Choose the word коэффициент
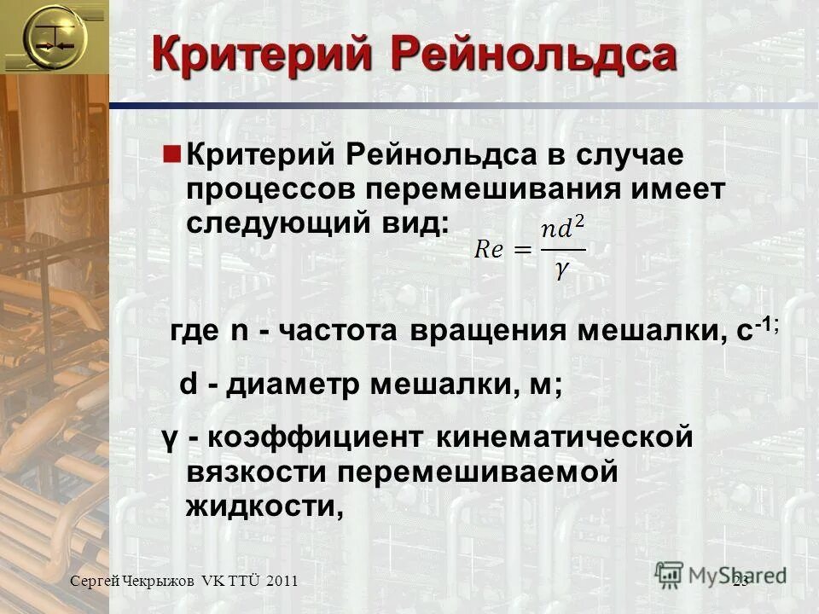(315, 439)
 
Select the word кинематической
(562, 439)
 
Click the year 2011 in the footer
(282, 581)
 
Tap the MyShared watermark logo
(722, 574)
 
